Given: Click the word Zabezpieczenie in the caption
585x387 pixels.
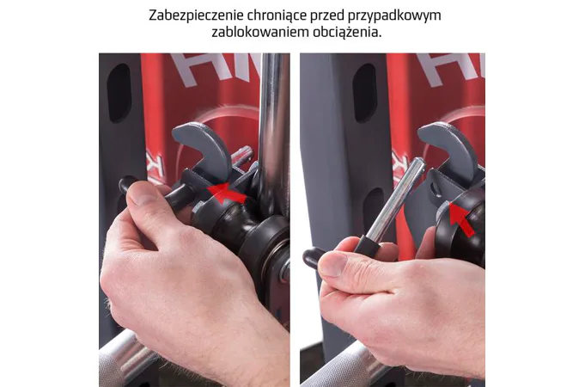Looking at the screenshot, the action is [x=196, y=15].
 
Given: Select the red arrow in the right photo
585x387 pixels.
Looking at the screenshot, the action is [x=462, y=219].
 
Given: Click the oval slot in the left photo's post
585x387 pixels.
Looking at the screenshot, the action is [x=119, y=94].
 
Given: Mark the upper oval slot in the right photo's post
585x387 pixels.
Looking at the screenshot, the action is [x=364, y=94].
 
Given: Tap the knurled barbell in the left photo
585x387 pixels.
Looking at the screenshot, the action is [x=121, y=360].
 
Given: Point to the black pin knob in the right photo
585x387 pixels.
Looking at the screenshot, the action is [x=313, y=258].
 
